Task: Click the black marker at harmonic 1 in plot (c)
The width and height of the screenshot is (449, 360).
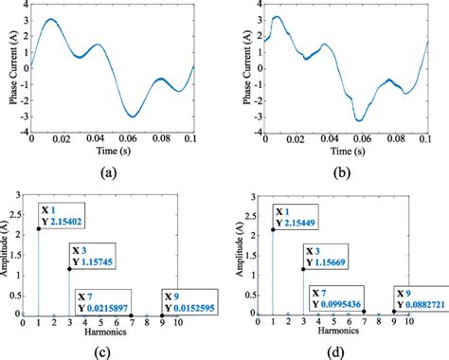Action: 39,228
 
